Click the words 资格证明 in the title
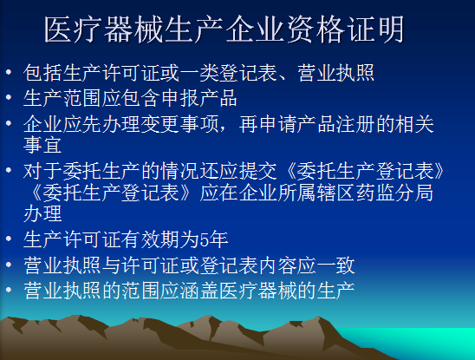(345, 29)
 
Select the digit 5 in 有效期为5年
(204, 239)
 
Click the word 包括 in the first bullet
(42, 73)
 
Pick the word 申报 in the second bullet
(180, 99)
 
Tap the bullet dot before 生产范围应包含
(9, 97)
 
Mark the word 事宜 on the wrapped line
(42, 145)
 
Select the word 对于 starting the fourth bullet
(42, 172)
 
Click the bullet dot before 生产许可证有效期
(9, 239)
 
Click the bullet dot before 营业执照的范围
(9, 290)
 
